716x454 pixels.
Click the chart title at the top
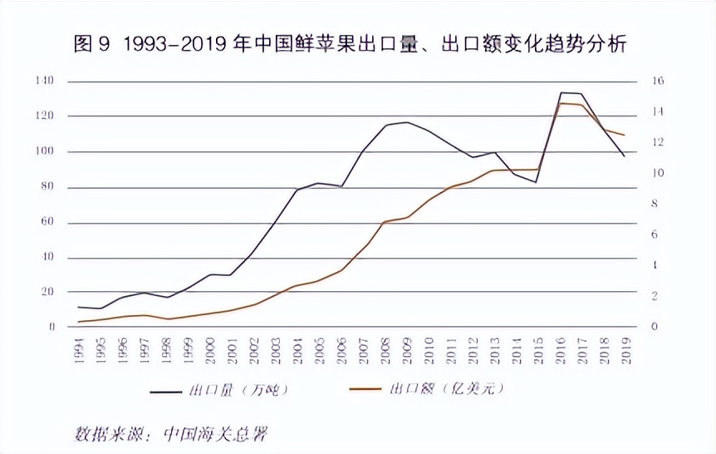(x=349, y=43)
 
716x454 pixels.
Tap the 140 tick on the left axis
(x=45, y=81)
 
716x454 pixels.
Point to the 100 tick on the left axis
(x=45, y=151)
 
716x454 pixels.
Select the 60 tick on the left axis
(x=47, y=222)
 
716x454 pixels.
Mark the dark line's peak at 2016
(x=561, y=92)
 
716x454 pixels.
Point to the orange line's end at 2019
(x=624, y=135)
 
